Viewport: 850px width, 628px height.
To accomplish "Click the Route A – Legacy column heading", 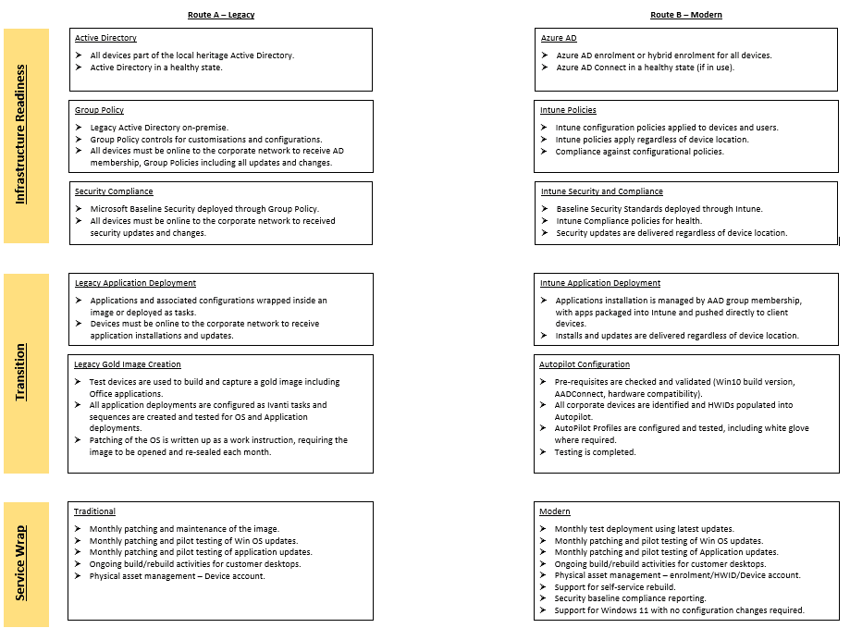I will pos(221,15).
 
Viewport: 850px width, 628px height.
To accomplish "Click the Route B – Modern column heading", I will pos(686,15).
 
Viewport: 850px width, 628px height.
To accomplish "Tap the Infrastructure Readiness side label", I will pos(21,134).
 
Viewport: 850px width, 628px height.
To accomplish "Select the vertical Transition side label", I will pos(21,373).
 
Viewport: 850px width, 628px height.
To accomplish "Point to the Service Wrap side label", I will pos(21,563).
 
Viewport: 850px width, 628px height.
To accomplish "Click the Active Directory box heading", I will pos(106,38).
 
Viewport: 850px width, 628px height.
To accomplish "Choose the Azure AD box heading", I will pos(559,38).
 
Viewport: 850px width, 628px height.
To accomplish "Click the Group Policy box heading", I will pos(100,110).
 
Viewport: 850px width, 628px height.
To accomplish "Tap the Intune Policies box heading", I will pos(569,110).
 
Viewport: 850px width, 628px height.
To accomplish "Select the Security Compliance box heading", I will pos(115,191).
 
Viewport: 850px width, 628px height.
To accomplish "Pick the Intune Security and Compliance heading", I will pos(602,191).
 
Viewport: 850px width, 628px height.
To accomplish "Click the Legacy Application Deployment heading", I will pos(136,283).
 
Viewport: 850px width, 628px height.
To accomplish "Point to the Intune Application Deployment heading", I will pos(600,283).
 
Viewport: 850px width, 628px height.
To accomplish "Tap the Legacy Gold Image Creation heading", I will pos(128,364).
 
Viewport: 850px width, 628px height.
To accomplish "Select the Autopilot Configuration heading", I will pos(585,364).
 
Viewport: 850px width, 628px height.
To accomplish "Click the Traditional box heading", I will pos(95,511).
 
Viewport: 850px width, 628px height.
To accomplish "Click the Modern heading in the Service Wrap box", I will pos(555,511).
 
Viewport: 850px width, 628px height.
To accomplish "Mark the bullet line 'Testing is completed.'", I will pos(596,452).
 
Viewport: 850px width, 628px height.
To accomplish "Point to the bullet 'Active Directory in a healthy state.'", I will pos(156,68).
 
